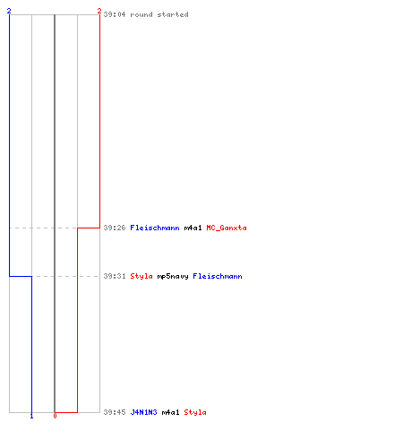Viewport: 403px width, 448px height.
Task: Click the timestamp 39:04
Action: [115, 14]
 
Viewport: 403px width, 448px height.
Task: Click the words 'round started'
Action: [159, 14]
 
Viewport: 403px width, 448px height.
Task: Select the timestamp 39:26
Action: [115, 228]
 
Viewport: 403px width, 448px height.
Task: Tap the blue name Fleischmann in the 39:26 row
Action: [155, 228]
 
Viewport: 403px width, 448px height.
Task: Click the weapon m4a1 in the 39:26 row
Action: [193, 228]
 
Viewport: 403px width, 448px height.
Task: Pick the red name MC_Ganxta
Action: [227, 228]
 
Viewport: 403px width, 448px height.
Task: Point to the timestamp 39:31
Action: [115, 276]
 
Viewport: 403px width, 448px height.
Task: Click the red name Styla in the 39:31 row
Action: [141, 276]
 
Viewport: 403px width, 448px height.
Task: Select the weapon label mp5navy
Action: [173, 277]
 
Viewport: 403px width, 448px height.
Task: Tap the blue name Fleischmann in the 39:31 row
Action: [218, 276]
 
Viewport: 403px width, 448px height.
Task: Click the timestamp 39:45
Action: [115, 412]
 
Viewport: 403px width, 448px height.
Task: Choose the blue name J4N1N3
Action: [143, 412]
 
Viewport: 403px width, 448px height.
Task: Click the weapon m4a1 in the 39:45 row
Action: [171, 412]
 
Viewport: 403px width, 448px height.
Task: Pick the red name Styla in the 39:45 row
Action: [195, 412]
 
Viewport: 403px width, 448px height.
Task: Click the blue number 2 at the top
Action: [9, 11]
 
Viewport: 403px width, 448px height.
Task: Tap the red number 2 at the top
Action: [99, 11]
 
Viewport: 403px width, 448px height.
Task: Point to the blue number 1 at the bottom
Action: [31, 416]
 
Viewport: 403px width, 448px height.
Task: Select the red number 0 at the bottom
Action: [55, 416]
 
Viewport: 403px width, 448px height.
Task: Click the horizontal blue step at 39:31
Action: [21, 276]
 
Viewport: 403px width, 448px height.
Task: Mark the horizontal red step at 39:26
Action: [89, 228]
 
